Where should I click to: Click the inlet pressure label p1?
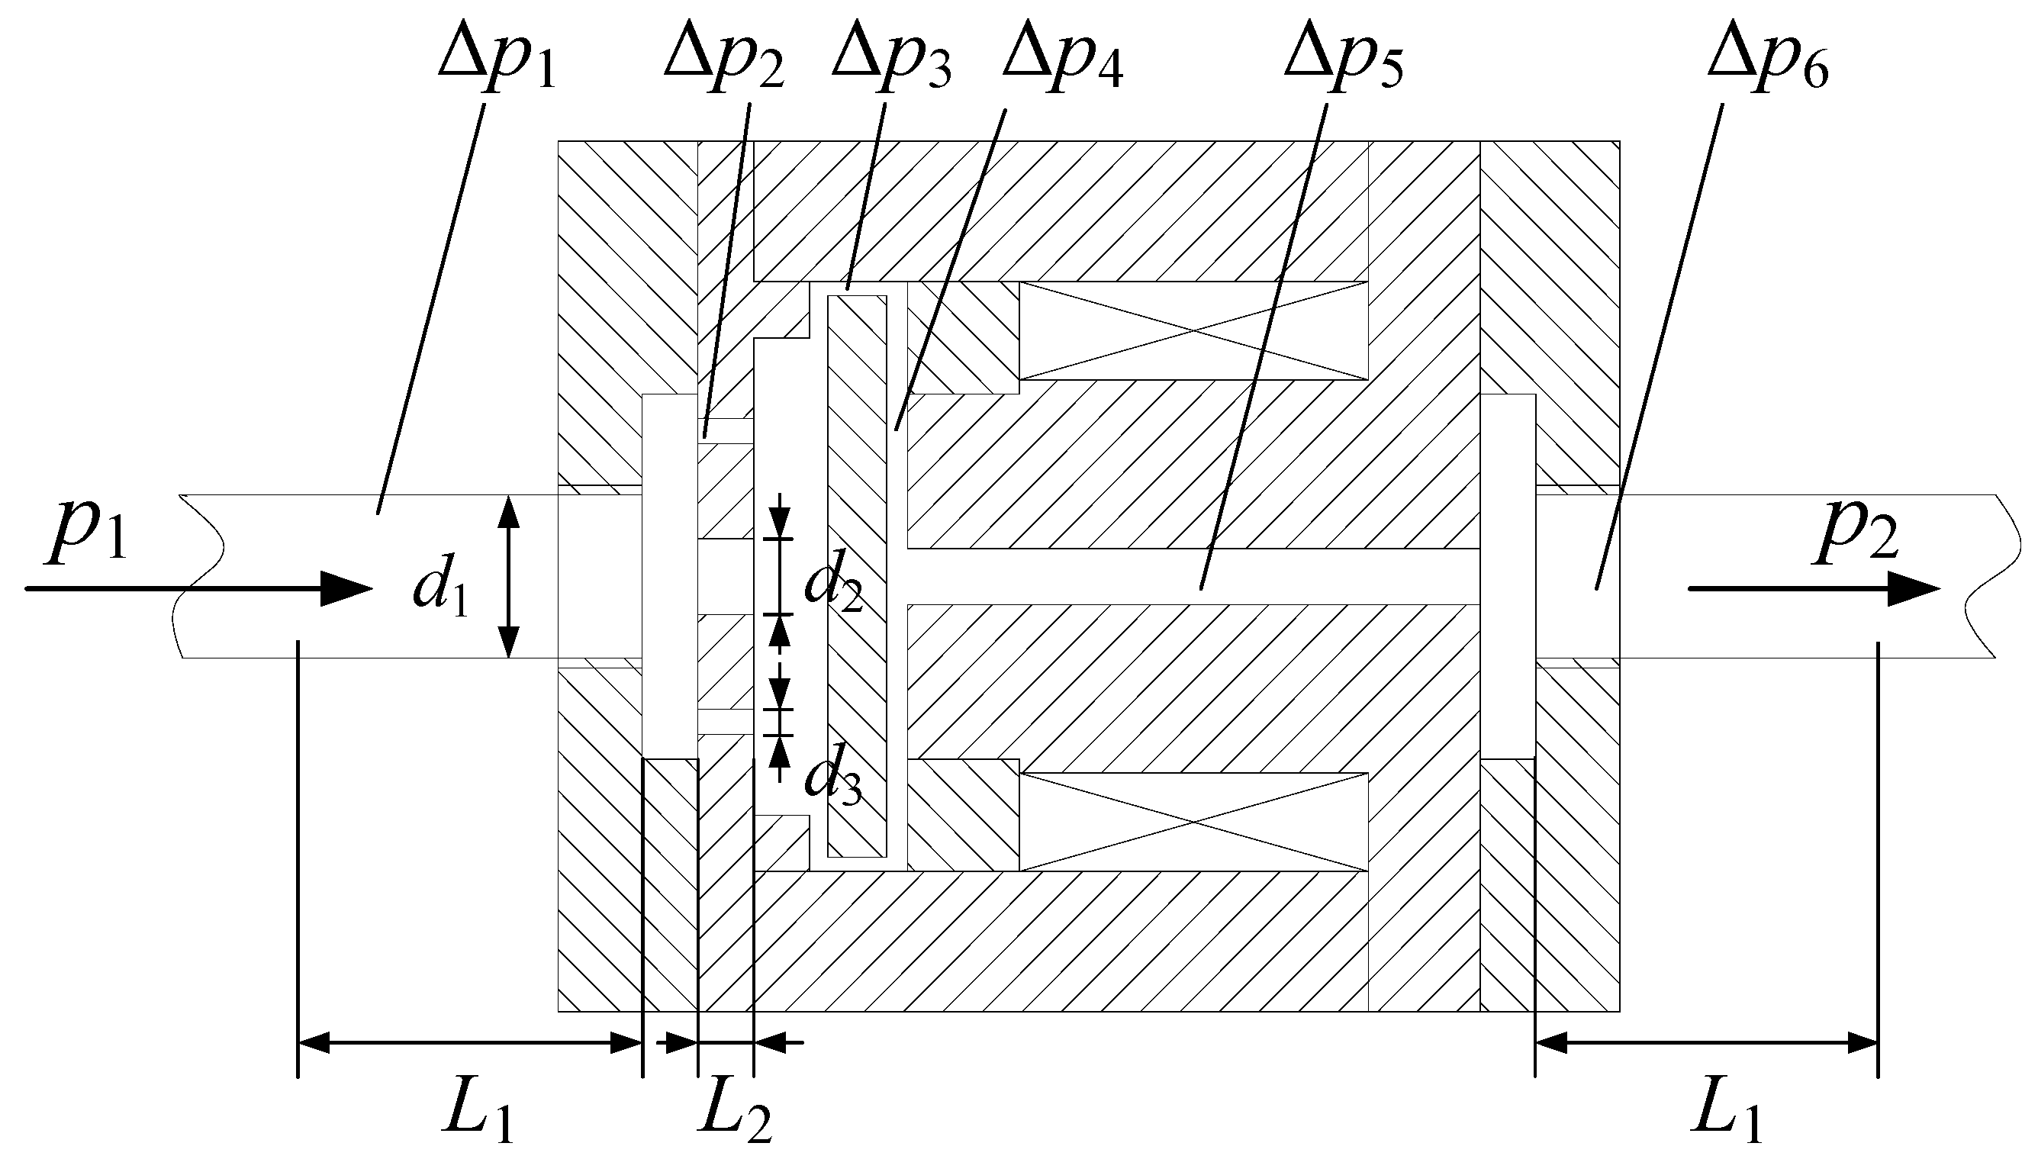click(87, 536)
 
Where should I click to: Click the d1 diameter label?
click(440, 592)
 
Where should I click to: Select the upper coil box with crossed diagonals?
click(1193, 331)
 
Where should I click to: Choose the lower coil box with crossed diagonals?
click(1193, 822)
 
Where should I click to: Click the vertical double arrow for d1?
click(508, 576)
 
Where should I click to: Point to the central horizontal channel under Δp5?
click(1191, 577)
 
